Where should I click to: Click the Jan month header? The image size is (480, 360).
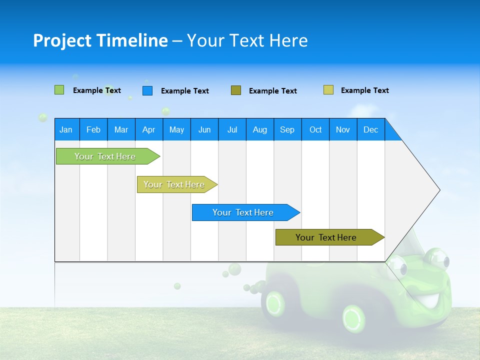[66, 130]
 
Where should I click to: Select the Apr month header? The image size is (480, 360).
[148, 130]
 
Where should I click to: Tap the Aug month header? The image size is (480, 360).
[259, 130]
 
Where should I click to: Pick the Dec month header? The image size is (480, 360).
[370, 130]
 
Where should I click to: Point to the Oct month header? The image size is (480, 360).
[315, 130]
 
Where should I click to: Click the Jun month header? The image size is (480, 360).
[204, 130]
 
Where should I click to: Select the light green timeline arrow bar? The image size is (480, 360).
[105, 156]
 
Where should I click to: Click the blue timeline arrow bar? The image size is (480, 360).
[243, 212]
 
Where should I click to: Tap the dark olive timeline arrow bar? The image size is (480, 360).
[326, 237]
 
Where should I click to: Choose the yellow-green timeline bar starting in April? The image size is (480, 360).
[174, 184]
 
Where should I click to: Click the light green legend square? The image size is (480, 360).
[59, 90]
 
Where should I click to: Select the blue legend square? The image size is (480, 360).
[147, 90]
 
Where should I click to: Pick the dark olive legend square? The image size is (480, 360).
[235, 90]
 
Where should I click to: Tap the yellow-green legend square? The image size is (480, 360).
[328, 90]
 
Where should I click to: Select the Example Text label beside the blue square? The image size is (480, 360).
[184, 91]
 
